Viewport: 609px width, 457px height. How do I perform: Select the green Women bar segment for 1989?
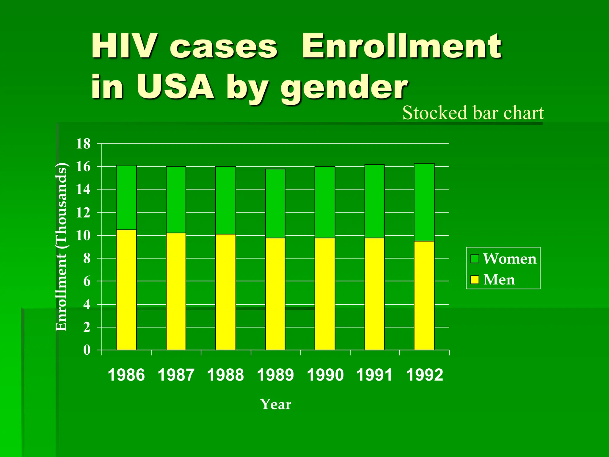275,204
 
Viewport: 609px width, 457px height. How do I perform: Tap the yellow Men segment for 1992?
424,295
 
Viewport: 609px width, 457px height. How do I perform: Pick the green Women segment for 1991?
375,201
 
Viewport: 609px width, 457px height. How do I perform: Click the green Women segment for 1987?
176,200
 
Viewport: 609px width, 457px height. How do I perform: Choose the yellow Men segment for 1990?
325,294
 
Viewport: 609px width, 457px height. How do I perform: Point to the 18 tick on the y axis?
83,144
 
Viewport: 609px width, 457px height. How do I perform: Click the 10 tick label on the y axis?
83,236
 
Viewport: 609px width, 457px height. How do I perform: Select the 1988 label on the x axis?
225,375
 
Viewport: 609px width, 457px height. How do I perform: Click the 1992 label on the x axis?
424,375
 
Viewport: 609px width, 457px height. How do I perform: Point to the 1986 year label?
126,375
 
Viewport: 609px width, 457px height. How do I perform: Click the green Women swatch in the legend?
475,259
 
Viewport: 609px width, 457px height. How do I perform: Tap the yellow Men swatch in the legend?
475,280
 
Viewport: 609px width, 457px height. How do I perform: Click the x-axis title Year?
276,404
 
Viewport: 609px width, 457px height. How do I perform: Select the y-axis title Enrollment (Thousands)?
62,247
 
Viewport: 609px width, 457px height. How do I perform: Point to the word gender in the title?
344,87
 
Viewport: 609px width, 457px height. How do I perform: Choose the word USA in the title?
175,86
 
